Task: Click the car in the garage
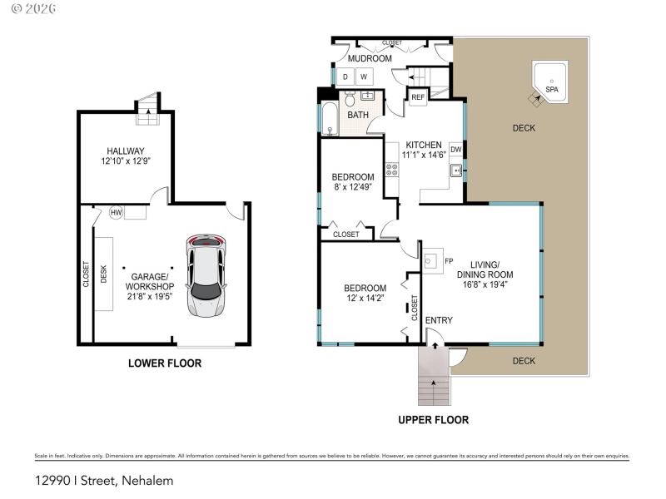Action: [x=206, y=276]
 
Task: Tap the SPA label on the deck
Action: [x=551, y=89]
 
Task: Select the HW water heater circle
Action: [x=117, y=213]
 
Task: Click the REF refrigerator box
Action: [x=418, y=97]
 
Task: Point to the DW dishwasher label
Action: [x=455, y=150]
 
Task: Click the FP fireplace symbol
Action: [x=432, y=261]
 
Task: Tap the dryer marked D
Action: [x=345, y=77]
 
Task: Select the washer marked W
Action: [x=364, y=77]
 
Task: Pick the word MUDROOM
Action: [x=370, y=59]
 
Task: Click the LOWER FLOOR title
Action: [x=164, y=363]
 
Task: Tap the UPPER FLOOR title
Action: [x=433, y=420]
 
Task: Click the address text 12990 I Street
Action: [x=104, y=480]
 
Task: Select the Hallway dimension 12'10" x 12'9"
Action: [x=125, y=161]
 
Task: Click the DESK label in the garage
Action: [x=104, y=274]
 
